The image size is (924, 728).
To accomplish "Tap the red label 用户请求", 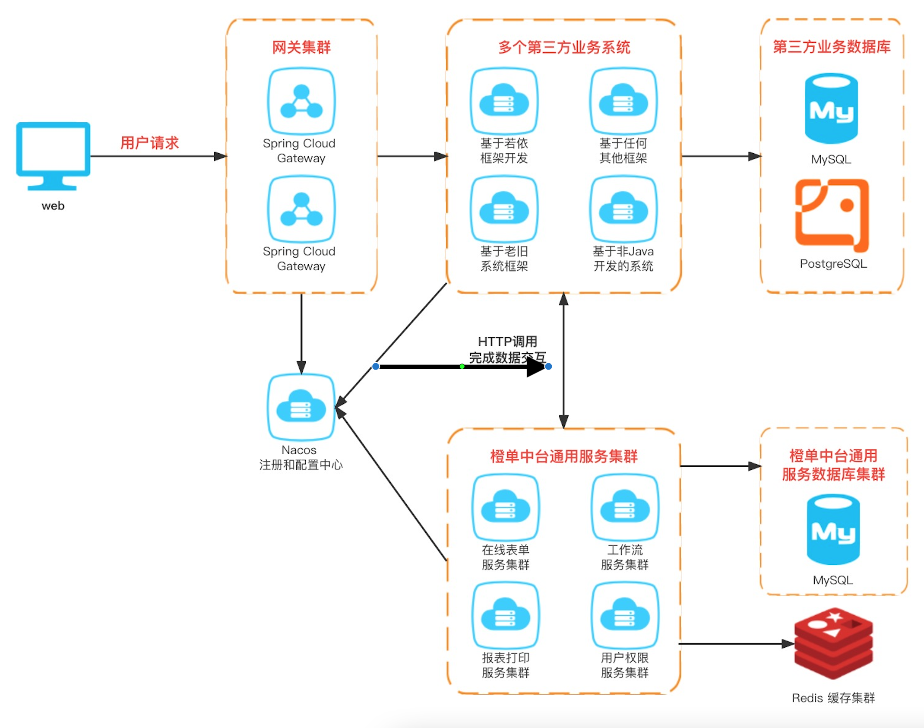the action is [149, 142].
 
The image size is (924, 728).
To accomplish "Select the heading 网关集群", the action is [301, 47].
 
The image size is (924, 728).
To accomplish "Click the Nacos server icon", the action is [301, 407].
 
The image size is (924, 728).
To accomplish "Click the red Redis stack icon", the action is [834, 643].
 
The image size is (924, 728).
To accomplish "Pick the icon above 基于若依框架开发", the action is [504, 101].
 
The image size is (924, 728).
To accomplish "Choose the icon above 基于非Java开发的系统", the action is [623, 209].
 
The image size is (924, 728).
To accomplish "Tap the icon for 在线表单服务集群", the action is [506, 508].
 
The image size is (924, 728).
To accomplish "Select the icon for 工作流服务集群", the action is [625, 508].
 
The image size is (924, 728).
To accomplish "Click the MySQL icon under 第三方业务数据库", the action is [831, 108].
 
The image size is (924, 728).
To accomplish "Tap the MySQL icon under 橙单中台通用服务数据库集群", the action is [833, 529].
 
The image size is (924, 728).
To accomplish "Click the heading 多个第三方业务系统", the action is [564, 47].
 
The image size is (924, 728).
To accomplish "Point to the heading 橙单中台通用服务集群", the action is [564, 456].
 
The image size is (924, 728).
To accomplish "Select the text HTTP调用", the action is [507, 342].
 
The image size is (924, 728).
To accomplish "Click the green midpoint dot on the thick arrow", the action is [462, 367].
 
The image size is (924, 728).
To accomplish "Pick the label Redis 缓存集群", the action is [833, 698].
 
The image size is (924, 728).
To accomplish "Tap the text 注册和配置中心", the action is [301, 465].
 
